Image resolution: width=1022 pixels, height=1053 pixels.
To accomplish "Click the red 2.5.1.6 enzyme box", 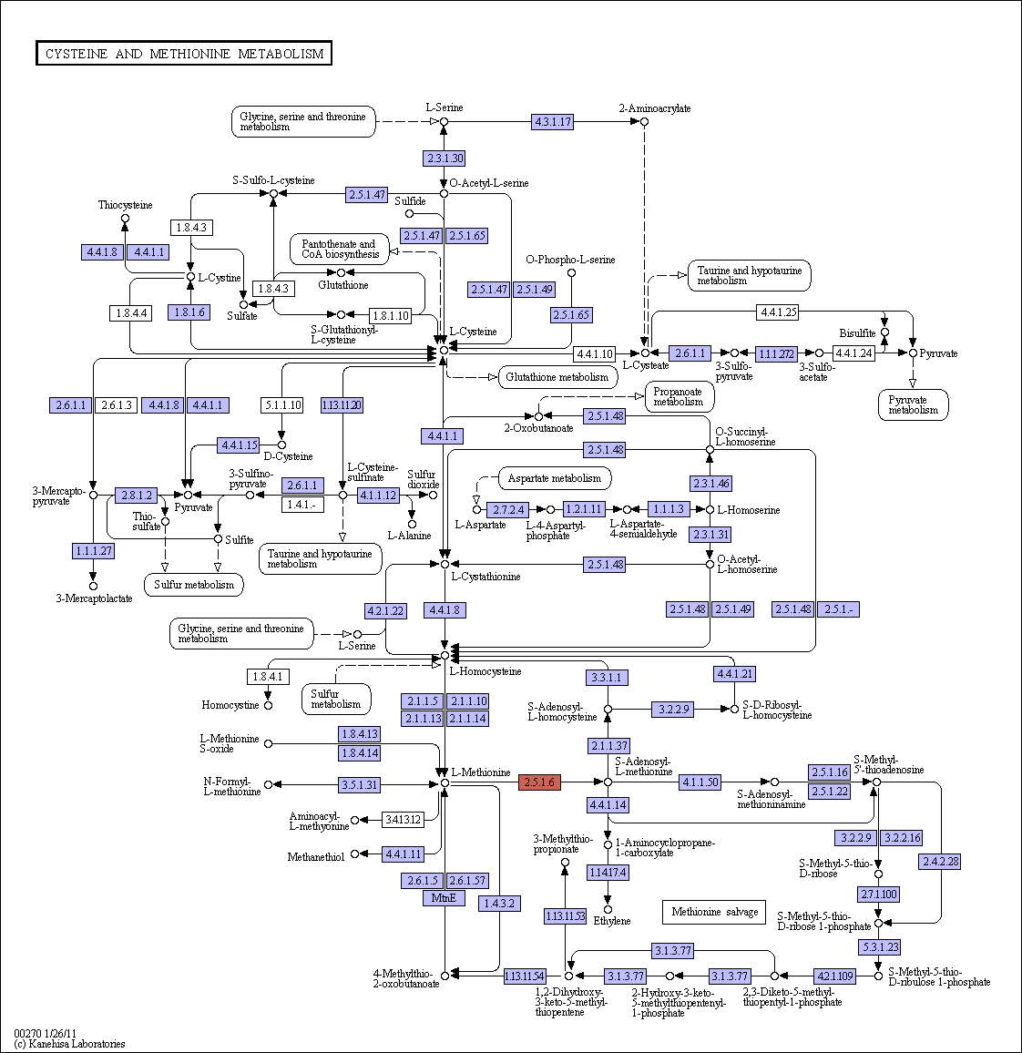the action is point(539,782).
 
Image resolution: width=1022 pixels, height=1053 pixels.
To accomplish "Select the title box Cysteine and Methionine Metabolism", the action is point(184,54).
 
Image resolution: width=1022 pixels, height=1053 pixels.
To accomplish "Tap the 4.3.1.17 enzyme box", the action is point(553,121).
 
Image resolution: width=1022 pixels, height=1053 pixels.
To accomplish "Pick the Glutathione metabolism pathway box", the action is point(557,377).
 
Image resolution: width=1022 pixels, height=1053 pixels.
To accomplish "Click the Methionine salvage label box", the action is point(714,912).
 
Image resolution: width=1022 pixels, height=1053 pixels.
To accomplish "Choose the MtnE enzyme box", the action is point(444,898).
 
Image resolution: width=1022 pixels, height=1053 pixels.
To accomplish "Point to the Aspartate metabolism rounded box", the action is point(555,479).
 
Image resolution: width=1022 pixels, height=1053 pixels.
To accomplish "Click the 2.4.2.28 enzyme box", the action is point(941,861).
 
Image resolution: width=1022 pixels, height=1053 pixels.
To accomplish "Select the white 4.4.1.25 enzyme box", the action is point(778,312).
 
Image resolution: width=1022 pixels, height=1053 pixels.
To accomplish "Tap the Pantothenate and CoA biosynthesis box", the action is point(340,250).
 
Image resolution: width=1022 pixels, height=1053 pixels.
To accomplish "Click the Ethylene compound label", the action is point(612,921).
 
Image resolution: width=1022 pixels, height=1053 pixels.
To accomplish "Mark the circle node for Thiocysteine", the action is point(125,219).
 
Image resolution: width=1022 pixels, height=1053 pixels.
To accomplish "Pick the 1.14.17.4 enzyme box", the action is point(608,873).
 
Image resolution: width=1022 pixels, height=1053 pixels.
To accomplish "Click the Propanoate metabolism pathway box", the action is point(679,397).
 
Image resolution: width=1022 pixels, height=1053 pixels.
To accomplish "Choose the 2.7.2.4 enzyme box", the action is point(508,510).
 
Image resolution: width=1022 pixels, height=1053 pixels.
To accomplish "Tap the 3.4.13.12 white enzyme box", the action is point(403,819).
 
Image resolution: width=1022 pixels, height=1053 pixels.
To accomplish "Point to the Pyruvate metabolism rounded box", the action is point(914,405).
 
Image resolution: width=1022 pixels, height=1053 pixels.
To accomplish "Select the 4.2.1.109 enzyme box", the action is point(835,976).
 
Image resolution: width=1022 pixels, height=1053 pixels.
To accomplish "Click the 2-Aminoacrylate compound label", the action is point(655,108).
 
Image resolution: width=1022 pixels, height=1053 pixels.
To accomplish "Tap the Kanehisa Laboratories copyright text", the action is point(69,1044).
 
